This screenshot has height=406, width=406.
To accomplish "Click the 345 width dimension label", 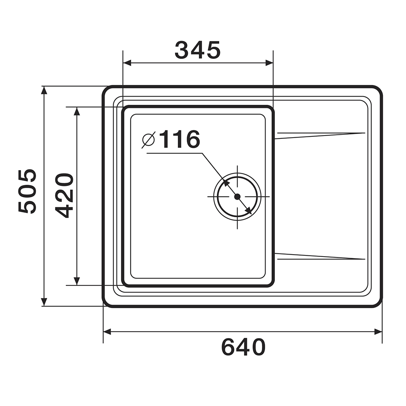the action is (198, 50).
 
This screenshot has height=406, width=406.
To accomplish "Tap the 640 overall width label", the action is (244, 347).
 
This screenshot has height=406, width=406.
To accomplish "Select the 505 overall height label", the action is (27, 191).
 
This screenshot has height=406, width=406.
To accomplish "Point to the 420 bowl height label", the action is (65, 196).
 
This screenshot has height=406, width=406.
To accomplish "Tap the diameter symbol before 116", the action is (149, 140).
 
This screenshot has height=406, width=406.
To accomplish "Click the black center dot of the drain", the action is (237, 197).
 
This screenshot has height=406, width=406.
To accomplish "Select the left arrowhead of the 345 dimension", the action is (127, 63).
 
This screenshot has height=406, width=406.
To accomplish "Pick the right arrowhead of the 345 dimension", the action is (269, 63).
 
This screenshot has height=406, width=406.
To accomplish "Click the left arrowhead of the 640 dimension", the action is (107, 332).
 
